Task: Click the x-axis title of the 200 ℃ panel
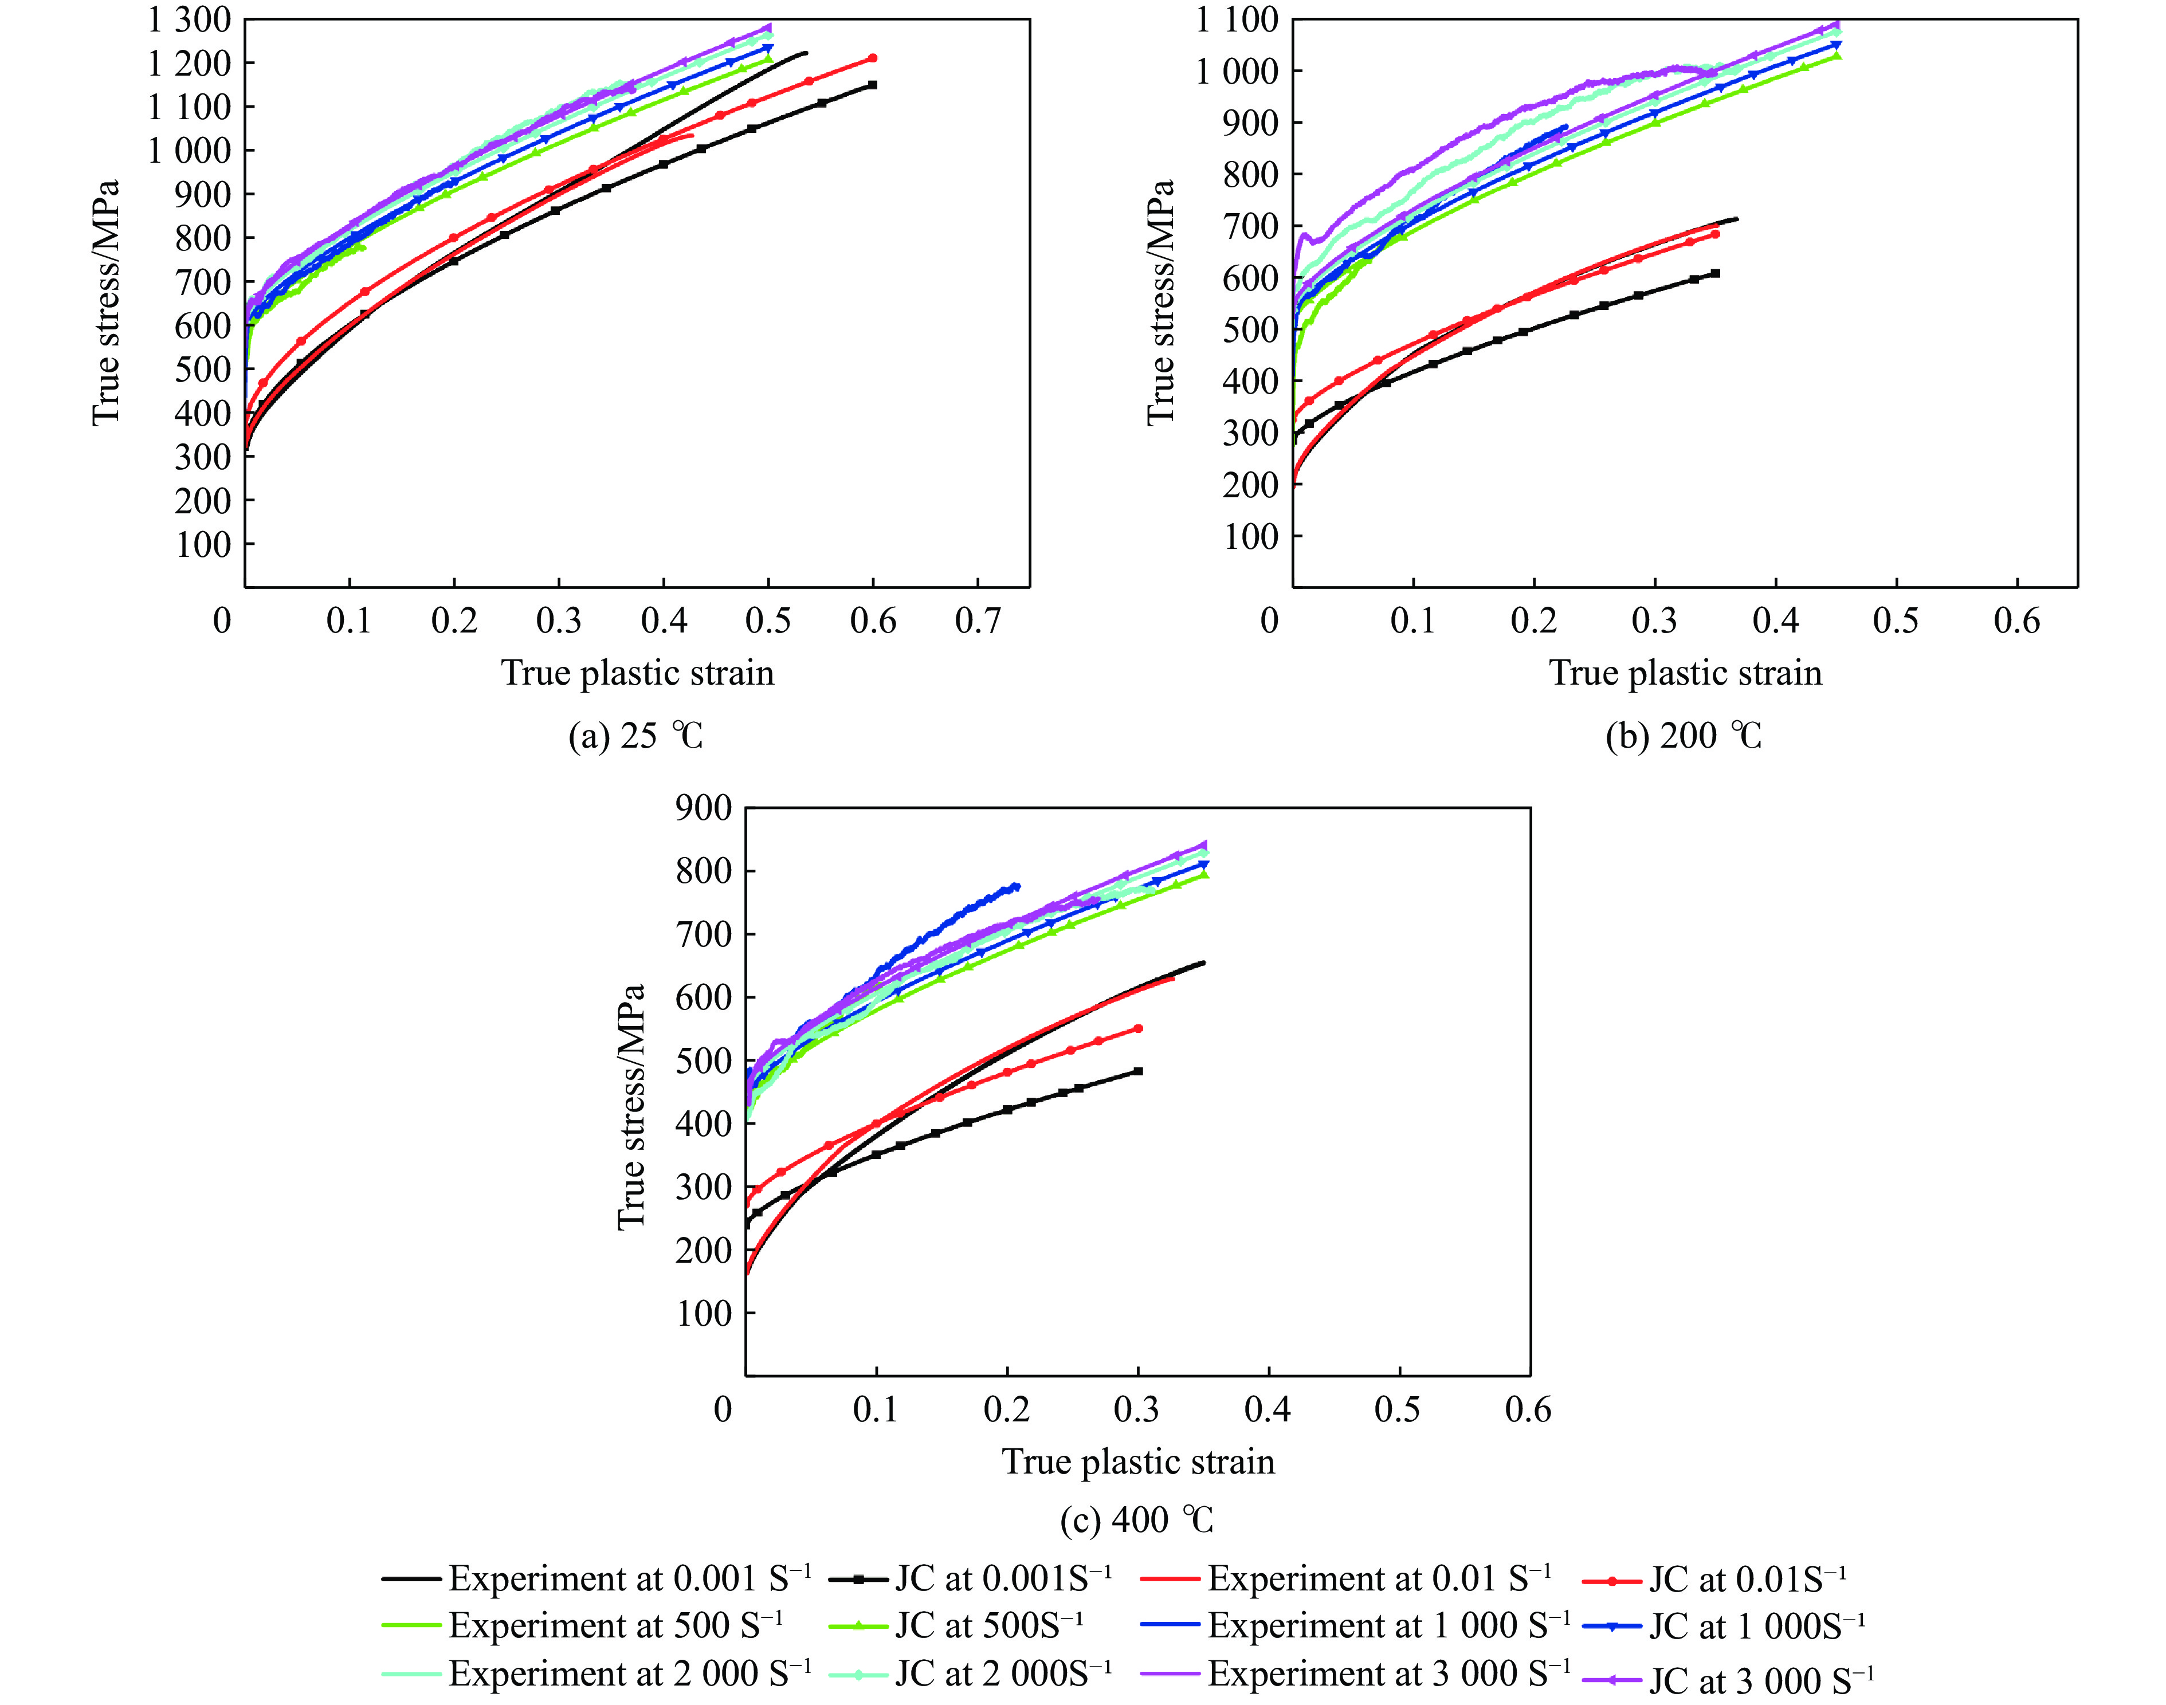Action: [x=1685, y=673]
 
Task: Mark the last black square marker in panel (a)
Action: [x=872, y=85]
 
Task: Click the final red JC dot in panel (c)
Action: [x=1138, y=1028]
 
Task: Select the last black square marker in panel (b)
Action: [x=1715, y=273]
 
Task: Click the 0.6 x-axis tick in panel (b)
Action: [x=2016, y=621]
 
